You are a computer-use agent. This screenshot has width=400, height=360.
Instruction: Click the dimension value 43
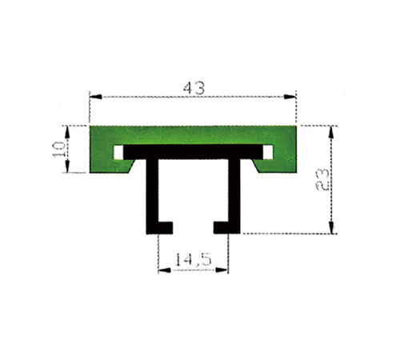click(194, 88)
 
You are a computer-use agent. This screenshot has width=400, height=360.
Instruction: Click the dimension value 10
click(59, 149)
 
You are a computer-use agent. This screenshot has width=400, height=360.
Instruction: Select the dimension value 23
click(322, 180)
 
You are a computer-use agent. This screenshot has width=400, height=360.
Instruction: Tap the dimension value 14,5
click(193, 260)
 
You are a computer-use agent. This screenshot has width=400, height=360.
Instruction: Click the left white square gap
click(118, 152)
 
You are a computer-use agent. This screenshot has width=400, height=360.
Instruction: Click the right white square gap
click(268, 152)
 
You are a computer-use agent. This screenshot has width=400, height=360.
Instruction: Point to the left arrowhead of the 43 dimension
click(96, 97)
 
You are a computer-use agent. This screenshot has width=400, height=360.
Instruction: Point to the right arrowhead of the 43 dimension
click(290, 97)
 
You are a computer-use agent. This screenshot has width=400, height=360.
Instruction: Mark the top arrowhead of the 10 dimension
click(67, 132)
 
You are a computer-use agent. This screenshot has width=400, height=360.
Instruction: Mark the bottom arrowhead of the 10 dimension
click(67, 166)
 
